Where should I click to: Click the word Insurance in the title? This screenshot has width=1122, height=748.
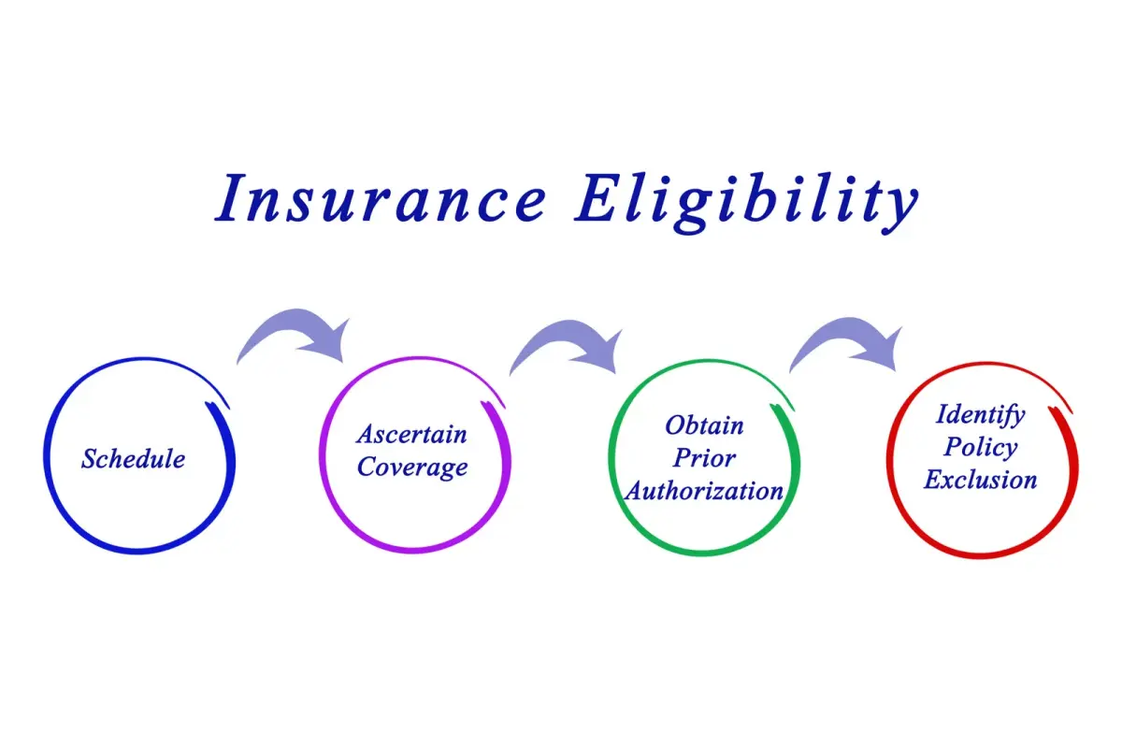pyautogui.click(x=381, y=198)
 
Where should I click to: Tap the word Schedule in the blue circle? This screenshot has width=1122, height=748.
pyautogui.click(x=133, y=458)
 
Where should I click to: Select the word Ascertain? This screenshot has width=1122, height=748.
pyautogui.click(x=411, y=434)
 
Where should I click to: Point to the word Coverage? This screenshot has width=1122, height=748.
pyautogui.click(x=412, y=467)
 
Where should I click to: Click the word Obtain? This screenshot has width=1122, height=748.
pyautogui.click(x=704, y=425)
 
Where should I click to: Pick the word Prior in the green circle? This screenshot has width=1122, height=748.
pyautogui.click(x=704, y=458)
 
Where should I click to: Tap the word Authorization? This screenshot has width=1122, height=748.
pyautogui.click(x=704, y=491)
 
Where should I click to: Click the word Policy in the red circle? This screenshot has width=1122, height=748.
pyautogui.click(x=980, y=448)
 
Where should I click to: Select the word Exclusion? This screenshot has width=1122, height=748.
pyautogui.click(x=980, y=480)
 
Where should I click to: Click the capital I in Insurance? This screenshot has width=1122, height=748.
pyautogui.click(x=233, y=198)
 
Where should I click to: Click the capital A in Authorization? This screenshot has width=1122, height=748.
pyautogui.click(x=635, y=491)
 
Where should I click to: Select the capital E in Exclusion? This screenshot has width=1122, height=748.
pyautogui.click(x=934, y=480)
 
